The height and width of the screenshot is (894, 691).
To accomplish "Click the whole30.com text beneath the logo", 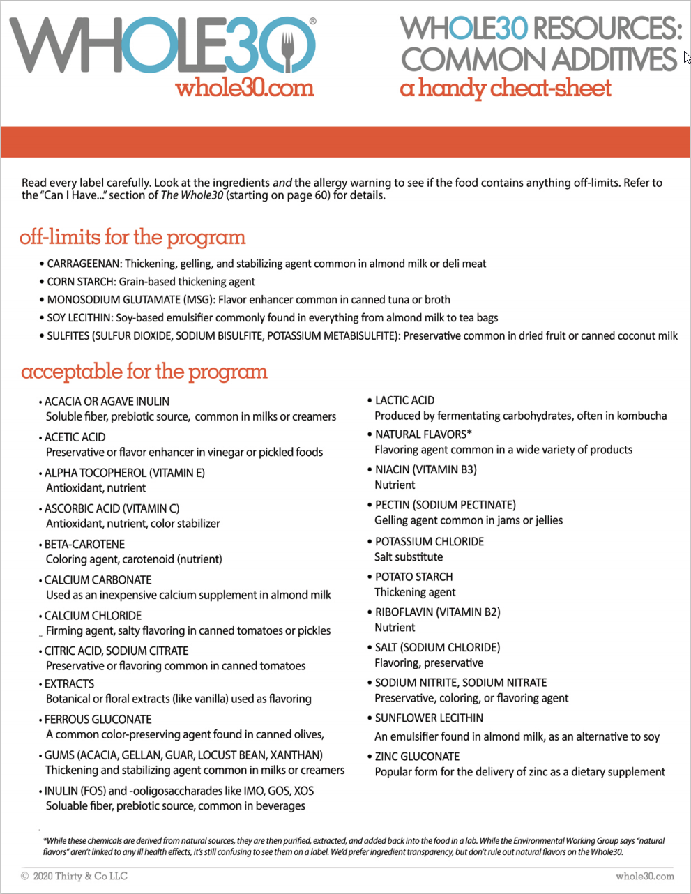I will click(245, 89).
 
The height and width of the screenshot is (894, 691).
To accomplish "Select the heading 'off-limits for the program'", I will click(132, 237).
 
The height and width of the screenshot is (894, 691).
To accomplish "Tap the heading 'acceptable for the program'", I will click(144, 371).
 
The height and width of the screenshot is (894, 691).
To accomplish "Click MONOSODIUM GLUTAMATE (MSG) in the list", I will click(130, 300).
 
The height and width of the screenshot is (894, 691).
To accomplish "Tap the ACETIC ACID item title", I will click(75, 437).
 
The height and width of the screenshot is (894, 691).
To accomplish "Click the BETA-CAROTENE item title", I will click(84, 544).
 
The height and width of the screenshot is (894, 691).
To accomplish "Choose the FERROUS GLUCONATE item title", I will click(98, 719).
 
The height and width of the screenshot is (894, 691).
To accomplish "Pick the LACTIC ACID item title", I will click(404, 400).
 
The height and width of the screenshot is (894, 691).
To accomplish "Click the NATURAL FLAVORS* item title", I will click(423, 434).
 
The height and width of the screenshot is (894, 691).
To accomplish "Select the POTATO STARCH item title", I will click(413, 577).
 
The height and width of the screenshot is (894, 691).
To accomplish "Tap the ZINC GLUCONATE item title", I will click(417, 756).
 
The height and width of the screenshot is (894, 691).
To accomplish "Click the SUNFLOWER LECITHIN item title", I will click(429, 718).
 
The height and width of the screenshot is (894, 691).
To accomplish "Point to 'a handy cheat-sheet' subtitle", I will click(506, 89).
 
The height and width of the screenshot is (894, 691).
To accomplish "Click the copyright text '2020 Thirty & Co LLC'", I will click(80, 876).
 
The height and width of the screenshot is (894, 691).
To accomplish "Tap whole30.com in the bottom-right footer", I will click(644, 876).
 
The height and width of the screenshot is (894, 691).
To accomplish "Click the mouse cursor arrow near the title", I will click(687, 57).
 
